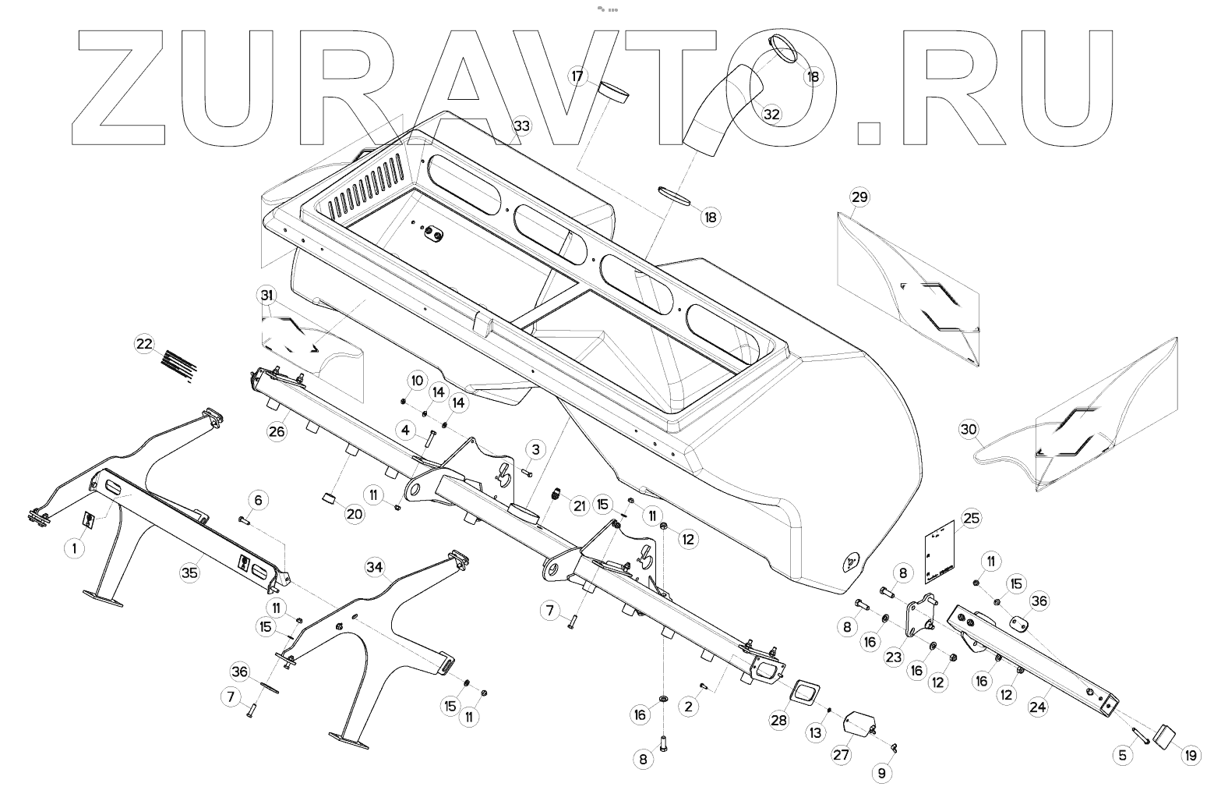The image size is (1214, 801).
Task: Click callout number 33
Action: coord(521,126)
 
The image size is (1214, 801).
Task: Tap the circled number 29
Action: coord(859,197)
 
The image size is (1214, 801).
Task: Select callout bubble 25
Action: coord(971,518)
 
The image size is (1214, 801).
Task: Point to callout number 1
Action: coord(74,548)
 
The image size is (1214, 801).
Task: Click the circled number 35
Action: coord(189,572)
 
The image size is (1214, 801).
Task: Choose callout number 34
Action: coord(375,567)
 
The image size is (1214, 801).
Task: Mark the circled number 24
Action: coord(1037,707)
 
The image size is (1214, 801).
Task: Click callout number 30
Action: coord(968,430)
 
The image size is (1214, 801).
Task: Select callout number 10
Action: coord(417,381)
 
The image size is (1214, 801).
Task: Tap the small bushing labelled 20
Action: coord(330,498)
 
